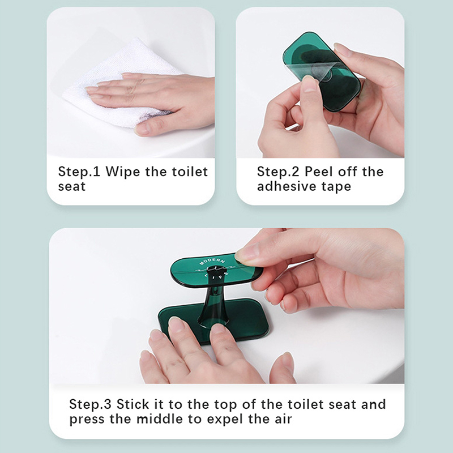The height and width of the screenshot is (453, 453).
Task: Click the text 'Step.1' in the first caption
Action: [79, 172]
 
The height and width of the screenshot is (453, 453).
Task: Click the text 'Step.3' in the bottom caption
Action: [90, 404]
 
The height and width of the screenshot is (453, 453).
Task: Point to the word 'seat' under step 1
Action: [72, 187]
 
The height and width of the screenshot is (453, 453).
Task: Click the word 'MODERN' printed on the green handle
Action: [212, 262]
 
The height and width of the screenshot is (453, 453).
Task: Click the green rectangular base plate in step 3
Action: [214, 320]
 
